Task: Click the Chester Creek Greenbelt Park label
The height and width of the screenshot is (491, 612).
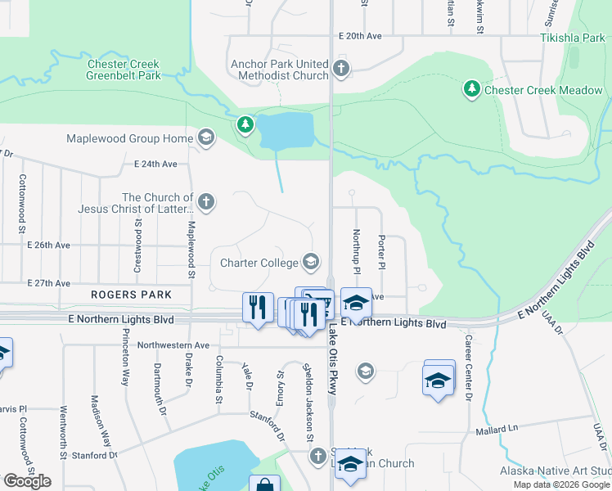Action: [123, 70]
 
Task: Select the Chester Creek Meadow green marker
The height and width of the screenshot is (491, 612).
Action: [471, 88]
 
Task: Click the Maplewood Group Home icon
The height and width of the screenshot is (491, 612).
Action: [205, 137]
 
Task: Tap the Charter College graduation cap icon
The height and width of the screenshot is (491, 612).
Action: [310, 262]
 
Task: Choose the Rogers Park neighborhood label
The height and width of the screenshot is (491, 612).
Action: [132, 295]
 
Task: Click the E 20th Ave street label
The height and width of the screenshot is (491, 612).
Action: [361, 36]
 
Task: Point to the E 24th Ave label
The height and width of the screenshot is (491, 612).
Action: [155, 164]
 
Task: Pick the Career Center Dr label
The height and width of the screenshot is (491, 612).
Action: [469, 368]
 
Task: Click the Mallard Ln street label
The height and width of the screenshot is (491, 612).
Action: [497, 428]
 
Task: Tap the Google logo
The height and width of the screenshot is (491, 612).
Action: [27, 481]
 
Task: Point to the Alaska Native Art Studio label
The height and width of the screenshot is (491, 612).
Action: [556, 471]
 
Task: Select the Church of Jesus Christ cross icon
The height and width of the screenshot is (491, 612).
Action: [206, 201]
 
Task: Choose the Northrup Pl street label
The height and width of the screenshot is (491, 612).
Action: [356, 251]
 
